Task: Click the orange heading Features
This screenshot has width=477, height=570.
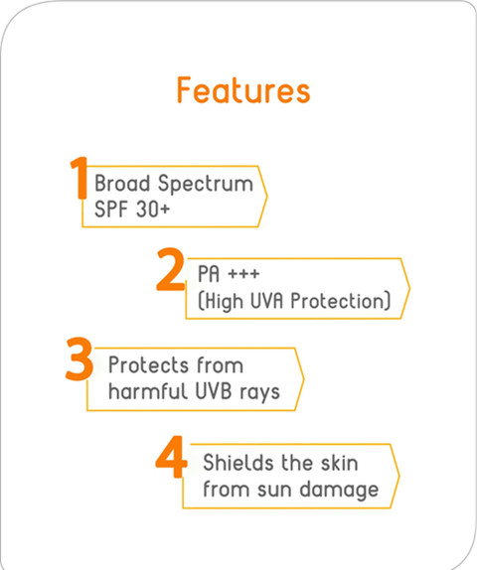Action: [243, 90]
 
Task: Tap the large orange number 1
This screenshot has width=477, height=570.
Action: [79, 178]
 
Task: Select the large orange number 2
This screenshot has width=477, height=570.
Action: [170, 269]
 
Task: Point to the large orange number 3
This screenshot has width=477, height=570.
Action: [79, 358]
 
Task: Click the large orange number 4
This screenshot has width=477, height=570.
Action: [171, 457]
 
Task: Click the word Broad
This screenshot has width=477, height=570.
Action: [122, 183]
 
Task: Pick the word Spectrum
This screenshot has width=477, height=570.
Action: [206, 185]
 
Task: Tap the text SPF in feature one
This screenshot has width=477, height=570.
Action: [110, 210]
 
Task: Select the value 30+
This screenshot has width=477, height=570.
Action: [153, 210]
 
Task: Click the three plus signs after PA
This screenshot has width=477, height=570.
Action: [243, 273]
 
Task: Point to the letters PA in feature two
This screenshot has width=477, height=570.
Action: [209, 274]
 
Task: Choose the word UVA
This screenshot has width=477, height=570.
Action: [266, 301]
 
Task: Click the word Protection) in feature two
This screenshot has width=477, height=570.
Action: [341, 301]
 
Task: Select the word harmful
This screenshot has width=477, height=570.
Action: [148, 391]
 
